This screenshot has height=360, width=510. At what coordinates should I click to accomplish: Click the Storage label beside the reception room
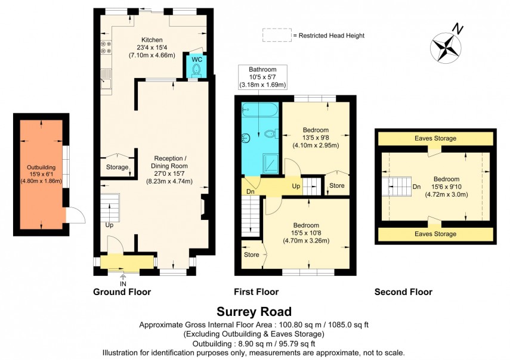pos(117,167)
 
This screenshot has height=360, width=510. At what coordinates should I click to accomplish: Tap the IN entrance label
pos(123,284)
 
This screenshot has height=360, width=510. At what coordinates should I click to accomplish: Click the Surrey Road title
pos(254,312)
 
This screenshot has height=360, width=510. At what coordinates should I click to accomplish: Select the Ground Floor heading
pos(122,292)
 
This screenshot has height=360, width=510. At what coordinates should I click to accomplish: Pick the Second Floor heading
pos(403,292)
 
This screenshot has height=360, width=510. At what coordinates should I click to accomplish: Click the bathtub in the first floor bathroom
pos(258,111)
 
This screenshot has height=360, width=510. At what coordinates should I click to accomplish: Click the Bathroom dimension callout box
pos(262,77)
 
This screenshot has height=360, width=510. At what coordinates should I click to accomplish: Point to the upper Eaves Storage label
pos(435,138)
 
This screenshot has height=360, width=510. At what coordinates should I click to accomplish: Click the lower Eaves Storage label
pos(435,234)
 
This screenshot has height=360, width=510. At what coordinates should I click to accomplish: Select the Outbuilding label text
pos(41,167)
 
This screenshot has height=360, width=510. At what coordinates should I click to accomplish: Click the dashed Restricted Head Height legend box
pos(276,35)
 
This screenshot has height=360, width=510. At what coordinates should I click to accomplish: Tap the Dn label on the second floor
pos(416,185)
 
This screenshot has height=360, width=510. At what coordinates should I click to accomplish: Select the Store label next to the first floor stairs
pos(337,185)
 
